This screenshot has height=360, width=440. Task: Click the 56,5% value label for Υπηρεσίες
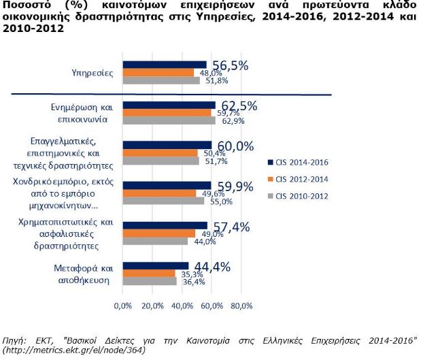click(229, 65)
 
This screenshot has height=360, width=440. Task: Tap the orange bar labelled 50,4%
click(160, 153)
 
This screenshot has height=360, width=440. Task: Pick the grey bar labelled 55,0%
click(163, 201)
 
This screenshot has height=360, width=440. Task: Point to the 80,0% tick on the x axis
click(242, 306)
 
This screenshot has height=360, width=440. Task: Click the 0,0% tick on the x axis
click(122, 306)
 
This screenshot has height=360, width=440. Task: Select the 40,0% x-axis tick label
click(182, 306)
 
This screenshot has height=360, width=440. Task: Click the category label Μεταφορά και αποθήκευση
click(82, 274)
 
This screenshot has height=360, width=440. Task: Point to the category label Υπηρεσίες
click(92, 72)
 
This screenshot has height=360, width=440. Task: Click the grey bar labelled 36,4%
click(150, 281)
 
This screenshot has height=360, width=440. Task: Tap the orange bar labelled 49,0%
click(159, 233)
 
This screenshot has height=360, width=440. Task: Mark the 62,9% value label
click(231, 121)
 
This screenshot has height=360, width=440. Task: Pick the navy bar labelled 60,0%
click(167, 145)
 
